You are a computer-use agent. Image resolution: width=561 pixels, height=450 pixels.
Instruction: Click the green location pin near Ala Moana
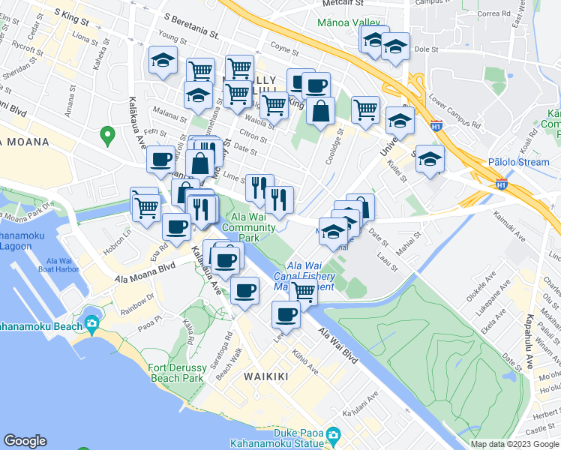[107, 136]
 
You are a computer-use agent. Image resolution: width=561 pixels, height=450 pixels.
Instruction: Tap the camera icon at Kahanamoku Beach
[91, 325]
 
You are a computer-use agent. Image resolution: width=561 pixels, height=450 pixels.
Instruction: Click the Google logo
[25, 442]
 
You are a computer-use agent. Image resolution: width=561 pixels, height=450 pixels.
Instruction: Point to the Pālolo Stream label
[518, 161]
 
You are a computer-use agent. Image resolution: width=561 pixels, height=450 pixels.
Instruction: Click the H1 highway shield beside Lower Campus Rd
[436, 128]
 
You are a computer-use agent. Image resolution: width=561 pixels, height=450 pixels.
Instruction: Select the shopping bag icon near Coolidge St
[320, 111]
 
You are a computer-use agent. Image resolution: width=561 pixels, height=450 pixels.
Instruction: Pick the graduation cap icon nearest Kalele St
[430, 158]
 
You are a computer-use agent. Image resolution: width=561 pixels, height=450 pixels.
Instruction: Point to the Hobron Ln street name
[121, 232]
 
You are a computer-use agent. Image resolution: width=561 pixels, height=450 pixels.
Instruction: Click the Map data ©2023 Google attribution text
[514, 443]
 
